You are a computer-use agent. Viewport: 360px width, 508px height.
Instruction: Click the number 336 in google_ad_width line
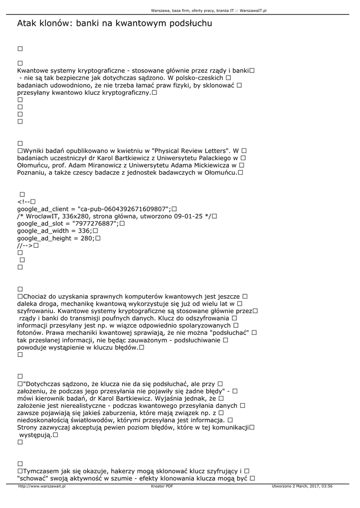[x=84, y=231]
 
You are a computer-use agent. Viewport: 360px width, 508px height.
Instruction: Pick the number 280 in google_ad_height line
[x=87, y=239]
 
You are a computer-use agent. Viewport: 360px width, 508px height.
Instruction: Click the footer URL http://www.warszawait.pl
[x=42, y=487]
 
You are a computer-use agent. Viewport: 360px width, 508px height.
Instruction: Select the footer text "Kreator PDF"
[x=162, y=487]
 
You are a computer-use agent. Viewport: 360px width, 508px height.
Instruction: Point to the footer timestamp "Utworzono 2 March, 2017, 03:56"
[x=302, y=487]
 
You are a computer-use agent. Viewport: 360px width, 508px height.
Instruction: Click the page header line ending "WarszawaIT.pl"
[x=209, y=10]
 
